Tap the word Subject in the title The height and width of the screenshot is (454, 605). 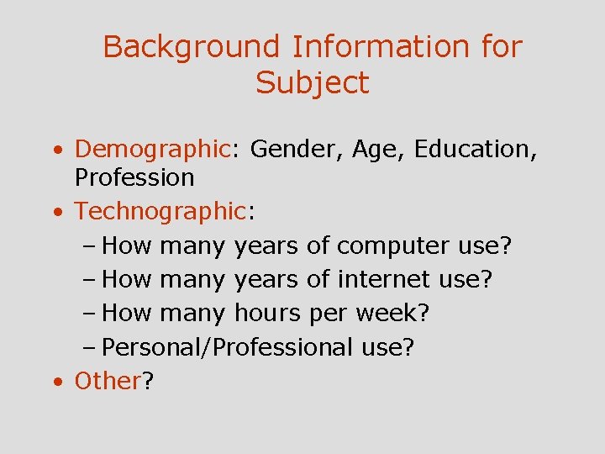313,82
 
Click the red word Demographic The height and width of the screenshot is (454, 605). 152,149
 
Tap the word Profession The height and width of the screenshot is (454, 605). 134,177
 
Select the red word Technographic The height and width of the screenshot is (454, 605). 159,212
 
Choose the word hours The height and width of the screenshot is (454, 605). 267,313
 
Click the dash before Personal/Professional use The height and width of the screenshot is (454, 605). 90,347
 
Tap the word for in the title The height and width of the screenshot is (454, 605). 502,47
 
